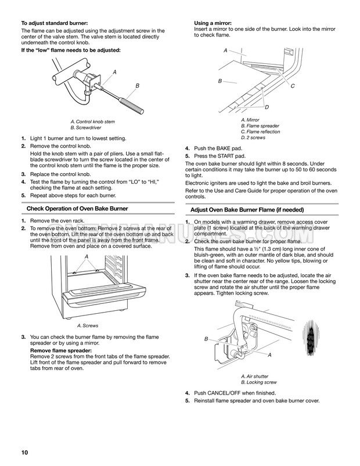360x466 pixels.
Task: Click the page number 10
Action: (x=24, y=453)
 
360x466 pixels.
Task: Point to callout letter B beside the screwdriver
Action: (x=138, y=86)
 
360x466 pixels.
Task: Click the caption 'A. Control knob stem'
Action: (x=92, y=121)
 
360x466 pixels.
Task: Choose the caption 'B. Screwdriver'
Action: (x=85, y=127)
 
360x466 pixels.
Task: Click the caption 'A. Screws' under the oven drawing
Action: (x=88, y=325)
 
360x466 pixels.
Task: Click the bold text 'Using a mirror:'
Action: (x=213, y=23)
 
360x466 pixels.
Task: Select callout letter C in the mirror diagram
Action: (x=292, y=86)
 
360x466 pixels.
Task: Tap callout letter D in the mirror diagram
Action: (x=267, y=107)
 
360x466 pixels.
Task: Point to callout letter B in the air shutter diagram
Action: (x=206, y=338)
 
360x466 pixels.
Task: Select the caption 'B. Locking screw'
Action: (x=258, y=382)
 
